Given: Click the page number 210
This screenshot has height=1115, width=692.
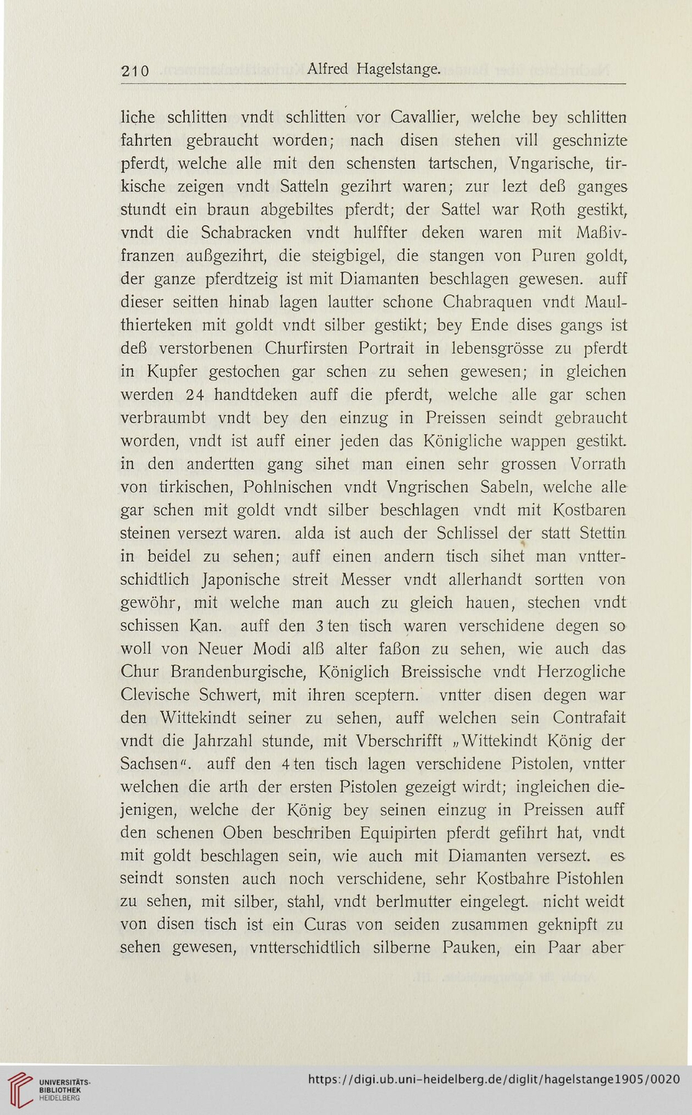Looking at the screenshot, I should point(136,70).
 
